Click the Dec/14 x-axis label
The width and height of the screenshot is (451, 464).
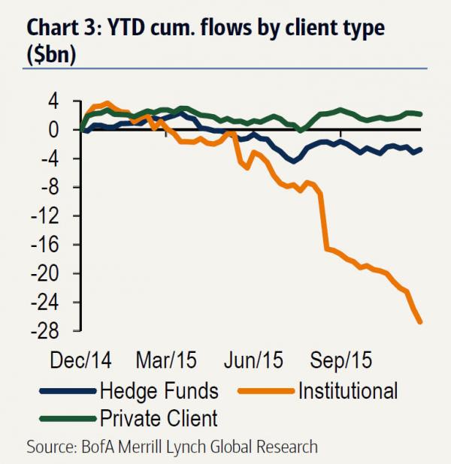coord(80,360)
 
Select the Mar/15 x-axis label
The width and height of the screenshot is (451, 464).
coord(166,360)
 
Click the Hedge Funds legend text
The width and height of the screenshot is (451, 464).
coord(159,390)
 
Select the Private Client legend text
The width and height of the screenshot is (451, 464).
coord(157,417)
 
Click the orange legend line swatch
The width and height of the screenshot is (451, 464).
coord(262,391)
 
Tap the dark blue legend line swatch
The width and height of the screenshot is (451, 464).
coord(66,391)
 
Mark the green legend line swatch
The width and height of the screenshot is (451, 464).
coord(66,418)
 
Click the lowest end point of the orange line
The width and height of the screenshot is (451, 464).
coord(420,322)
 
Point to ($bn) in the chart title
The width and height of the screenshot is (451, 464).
coord(51,57)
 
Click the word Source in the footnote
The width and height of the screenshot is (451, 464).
coord(51,447)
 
